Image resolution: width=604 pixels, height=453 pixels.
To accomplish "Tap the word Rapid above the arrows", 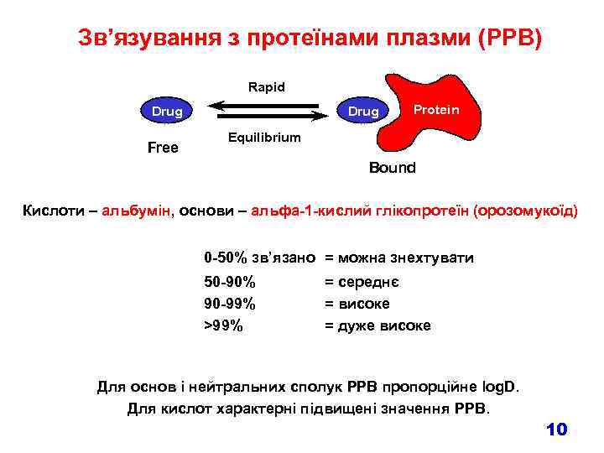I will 267,86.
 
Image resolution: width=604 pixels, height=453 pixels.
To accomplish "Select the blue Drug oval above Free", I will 167,111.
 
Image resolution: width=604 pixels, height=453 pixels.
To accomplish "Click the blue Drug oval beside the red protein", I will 363,111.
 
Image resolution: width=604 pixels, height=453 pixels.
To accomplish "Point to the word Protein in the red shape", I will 436,110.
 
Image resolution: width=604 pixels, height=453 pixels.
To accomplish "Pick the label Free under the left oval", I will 163,148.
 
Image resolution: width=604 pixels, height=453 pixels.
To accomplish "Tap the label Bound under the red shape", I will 392,168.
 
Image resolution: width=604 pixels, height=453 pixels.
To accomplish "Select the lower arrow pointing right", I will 268,116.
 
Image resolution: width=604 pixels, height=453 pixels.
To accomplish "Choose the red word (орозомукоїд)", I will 526,211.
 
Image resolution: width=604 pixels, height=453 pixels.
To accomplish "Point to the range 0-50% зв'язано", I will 260,258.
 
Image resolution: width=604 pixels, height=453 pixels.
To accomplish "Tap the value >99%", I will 224,325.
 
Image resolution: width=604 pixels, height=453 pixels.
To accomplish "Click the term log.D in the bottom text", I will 500,388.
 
